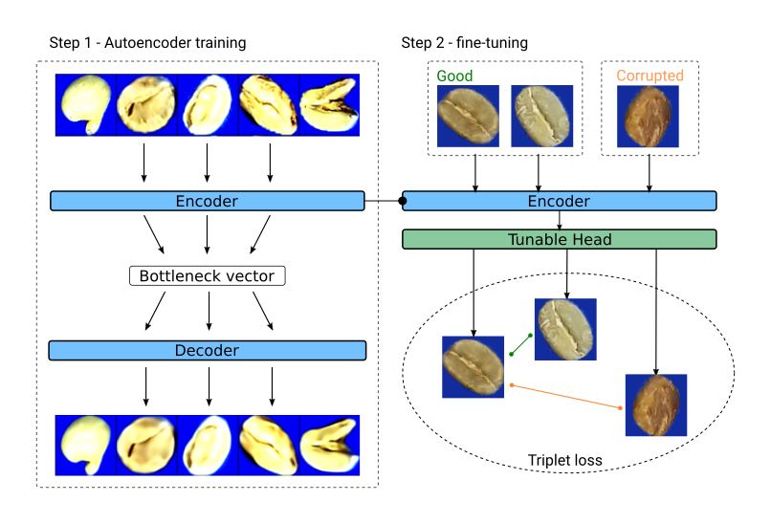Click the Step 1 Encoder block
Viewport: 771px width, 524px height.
(207, 201)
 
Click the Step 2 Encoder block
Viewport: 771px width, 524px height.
(559, 201)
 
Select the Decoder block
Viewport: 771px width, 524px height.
(207, 350)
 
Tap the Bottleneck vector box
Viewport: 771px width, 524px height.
(207, 276)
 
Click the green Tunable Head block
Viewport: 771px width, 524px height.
(559, 240)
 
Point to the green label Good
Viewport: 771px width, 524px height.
(454, 76)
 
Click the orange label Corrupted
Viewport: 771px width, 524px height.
(650, 76)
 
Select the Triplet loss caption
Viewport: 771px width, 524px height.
(564, 460)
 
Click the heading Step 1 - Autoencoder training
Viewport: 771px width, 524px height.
(147, 43)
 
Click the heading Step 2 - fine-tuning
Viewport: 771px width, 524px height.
(464, 43)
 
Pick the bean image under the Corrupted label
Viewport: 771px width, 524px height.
(650, 117)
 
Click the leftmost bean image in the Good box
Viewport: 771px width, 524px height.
(468, 117)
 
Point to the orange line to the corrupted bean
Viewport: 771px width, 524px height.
(566, 397)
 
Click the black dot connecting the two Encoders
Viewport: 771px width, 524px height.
(403, 201)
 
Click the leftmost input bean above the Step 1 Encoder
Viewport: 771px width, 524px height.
(87, 103)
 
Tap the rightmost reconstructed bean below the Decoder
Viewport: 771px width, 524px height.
(329, 445)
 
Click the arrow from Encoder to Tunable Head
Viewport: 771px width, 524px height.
(560, 220)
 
